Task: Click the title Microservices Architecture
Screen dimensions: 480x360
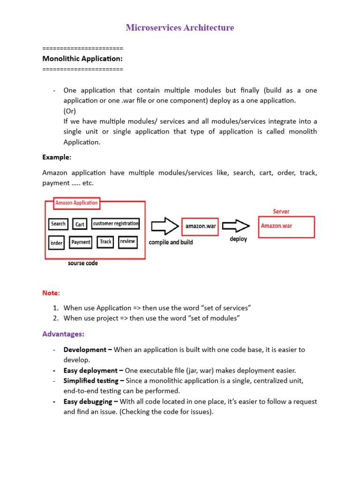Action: [x=180, y=28]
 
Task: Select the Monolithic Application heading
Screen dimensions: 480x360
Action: [x=82, y=59]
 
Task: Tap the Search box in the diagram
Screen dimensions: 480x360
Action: [x=58, y=224]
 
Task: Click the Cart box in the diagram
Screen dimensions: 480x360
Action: [x=80, y=225]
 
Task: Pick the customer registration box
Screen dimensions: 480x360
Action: [x=116, y=224]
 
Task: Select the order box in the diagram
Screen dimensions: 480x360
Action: [x=57, y=243]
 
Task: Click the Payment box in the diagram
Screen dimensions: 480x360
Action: [x=81, y=242]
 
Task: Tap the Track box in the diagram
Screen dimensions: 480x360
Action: [x=106, y=242]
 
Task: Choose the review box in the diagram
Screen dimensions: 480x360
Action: [x=127, y=242]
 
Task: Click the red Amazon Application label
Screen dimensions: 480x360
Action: [x=76, y=203]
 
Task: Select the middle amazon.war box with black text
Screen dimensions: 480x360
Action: [x=200, y=226]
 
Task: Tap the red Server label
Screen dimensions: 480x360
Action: [x=281, y=212]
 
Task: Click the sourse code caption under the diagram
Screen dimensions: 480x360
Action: [x=83, y=263]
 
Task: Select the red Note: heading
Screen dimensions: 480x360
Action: [x=51, y=293]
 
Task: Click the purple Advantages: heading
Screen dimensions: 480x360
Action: [x=63, y=334]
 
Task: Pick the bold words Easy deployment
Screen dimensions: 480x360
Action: [x=90, y=370]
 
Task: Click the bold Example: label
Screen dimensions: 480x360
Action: [x=56, y=157]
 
